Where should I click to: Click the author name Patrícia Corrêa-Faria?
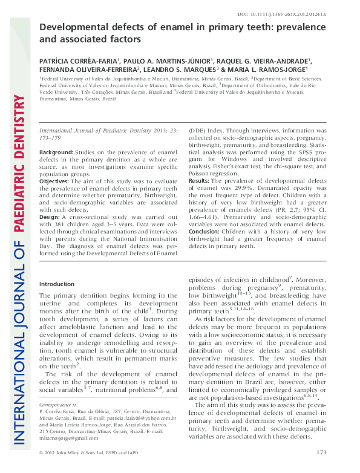[x=80, y=60]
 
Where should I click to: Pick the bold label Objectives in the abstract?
[x=55, y=181]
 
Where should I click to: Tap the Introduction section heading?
[x=57, y=284]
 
